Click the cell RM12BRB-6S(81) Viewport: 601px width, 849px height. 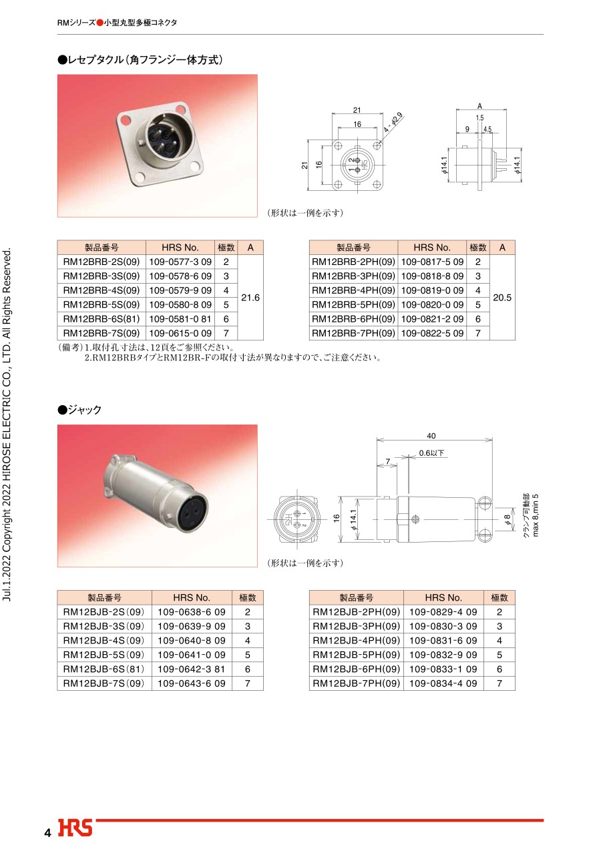pos(102,319)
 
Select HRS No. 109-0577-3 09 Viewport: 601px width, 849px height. pos(180,262)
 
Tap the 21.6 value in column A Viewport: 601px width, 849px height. pos(250,298)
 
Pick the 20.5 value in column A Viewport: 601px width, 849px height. pos(502,298)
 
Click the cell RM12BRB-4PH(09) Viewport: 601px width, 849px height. pos(353,290)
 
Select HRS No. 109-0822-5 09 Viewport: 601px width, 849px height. pos(432,333)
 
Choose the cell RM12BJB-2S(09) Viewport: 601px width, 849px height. pos(104,612)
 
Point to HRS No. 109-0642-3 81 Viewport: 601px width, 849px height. pos(192,669)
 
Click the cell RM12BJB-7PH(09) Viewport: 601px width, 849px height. pos(357,683)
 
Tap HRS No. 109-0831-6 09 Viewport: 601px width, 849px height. pos(443,641)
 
